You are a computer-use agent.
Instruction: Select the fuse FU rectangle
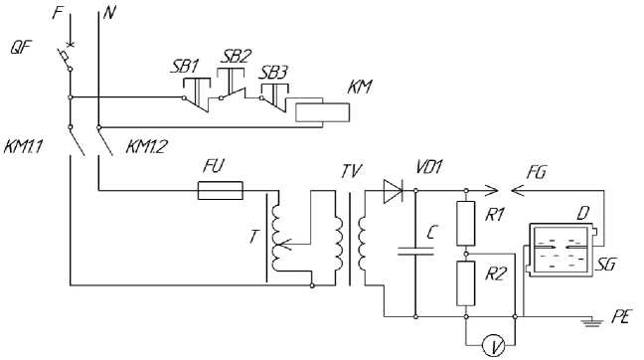tap(221, 190)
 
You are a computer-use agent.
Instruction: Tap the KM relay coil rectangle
tap(322, 112)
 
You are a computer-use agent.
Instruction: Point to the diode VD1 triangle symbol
tap(393, 191)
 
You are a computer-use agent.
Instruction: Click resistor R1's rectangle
tap(466, 224)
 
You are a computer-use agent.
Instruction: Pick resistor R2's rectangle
tap(466, 283)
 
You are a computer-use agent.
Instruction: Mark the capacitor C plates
tap(415, 251)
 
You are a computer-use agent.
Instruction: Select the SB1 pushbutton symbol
tap(197, 94)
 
